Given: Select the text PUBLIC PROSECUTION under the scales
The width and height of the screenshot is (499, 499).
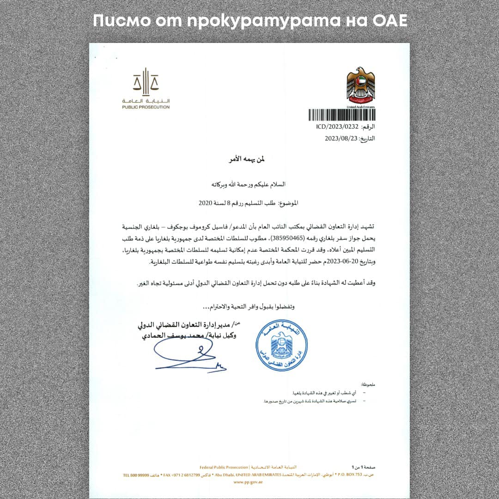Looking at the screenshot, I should click(x=146, y=107).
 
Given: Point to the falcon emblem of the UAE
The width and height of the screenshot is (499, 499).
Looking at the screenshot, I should click(x=361, y=85).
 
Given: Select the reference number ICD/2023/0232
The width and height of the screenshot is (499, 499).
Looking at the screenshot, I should click(x=331, y=126).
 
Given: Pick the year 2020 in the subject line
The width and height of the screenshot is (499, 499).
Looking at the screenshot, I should click(x=205, y=202).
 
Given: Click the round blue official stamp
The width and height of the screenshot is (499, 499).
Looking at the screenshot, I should click(x=282, y=345).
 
